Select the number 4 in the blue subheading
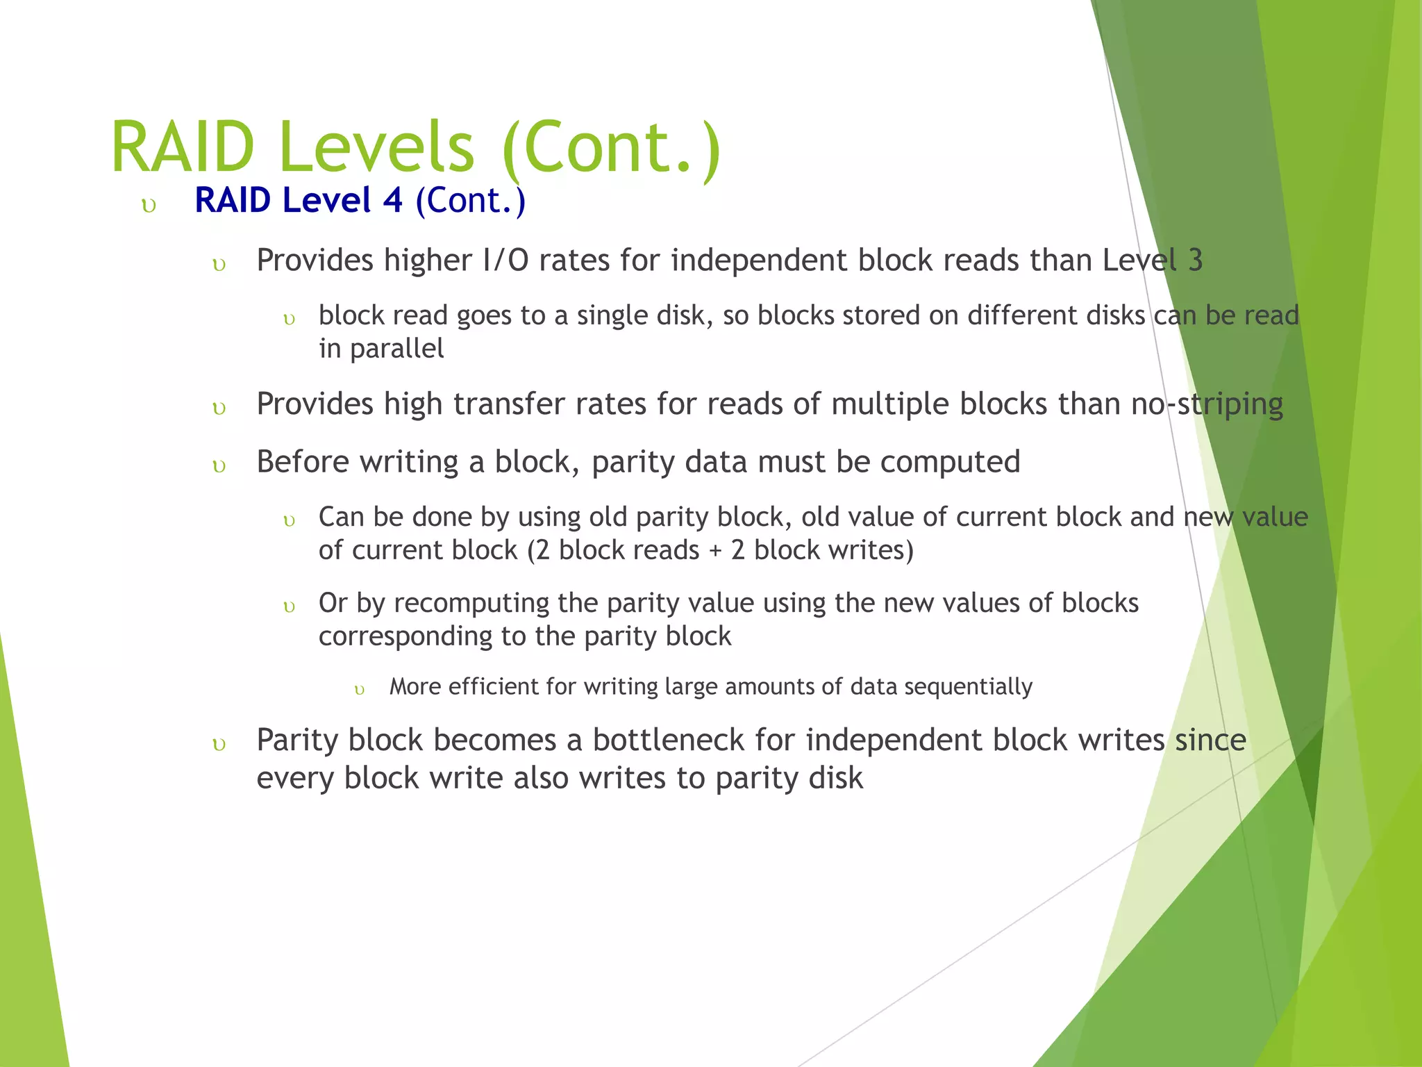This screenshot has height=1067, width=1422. pos(392,200)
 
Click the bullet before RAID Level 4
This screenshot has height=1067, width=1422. pos(148,206)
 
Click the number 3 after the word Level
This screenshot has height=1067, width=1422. pos(1195,260)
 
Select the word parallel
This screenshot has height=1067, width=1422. pos(396,349)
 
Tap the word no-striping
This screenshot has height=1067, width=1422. pos(1207,404)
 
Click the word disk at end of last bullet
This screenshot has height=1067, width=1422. pos(835,778)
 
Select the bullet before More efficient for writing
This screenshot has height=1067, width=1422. pos(359,690)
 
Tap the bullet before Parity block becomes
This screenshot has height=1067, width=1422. pos(219,745)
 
